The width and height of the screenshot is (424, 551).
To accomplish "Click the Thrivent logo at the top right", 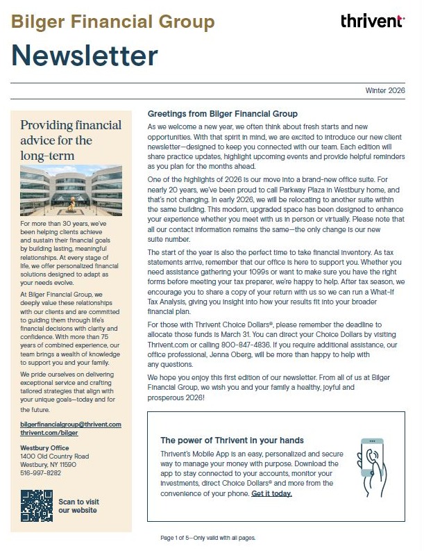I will coord(373,22).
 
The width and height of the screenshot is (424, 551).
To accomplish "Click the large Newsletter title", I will coord(85,56).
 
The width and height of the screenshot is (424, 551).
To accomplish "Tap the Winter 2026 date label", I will coord(387,91).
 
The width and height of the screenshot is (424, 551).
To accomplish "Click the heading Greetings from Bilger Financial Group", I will coord(222,114).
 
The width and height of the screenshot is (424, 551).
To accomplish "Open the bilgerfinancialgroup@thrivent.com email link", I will coord(71,424).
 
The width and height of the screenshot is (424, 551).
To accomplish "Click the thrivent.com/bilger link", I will coord(50,432).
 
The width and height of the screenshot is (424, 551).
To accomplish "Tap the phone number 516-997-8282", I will coord(40,472).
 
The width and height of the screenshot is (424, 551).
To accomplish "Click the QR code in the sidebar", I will coord(36,505).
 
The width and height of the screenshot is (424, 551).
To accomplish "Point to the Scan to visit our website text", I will coord(78,506).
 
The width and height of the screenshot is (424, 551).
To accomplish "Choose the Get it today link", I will coord(271,493).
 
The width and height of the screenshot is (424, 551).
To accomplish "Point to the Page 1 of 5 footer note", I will coord(207,538).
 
